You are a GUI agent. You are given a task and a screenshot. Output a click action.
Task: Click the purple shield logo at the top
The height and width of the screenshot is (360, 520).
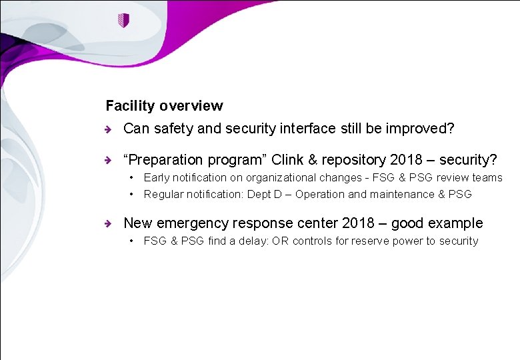pos(123,21)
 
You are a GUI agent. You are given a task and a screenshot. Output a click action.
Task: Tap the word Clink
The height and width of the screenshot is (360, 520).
pos(288,160)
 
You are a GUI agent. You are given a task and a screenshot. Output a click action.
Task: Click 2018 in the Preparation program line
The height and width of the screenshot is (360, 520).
pos(405,160)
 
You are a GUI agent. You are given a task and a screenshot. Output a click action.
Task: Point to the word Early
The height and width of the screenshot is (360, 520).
pos(157,177)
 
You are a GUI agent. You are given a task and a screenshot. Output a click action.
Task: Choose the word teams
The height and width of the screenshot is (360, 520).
pos(487,177)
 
